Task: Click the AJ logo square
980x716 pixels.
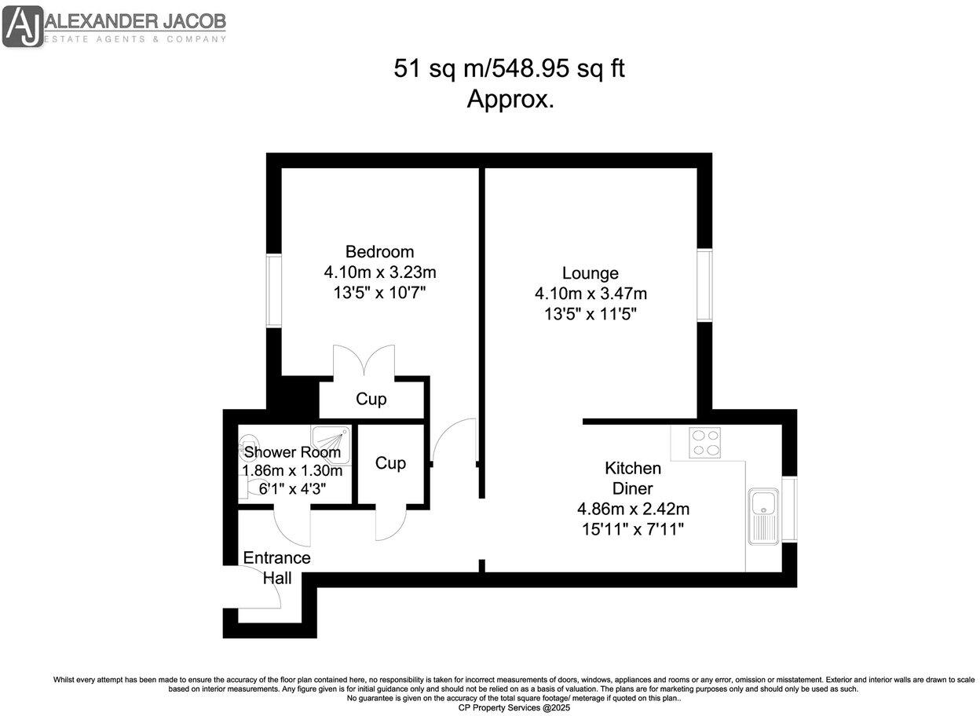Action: point(23,25)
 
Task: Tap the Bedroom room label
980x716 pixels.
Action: point(379,252)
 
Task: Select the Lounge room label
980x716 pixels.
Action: point(590,273)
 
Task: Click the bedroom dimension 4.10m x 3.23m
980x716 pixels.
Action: point(379,272)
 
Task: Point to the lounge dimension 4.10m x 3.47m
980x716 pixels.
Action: point(590,294)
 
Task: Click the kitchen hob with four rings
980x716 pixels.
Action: point(706,442)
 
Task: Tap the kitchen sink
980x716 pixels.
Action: point(762,516)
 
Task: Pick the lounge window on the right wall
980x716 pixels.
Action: point(704,285)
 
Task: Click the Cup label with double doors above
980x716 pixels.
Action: point(371,399)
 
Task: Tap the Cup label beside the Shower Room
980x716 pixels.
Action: point(390,463)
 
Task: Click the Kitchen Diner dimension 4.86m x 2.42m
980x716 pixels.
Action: point(633,509)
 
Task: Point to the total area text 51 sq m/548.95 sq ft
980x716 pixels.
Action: point(509,69)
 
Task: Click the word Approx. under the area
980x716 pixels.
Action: point(510,100)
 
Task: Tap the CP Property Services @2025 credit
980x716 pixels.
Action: point(514,707)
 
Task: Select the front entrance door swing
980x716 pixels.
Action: point(263,589)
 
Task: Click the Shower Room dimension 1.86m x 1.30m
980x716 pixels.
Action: point(292,471)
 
